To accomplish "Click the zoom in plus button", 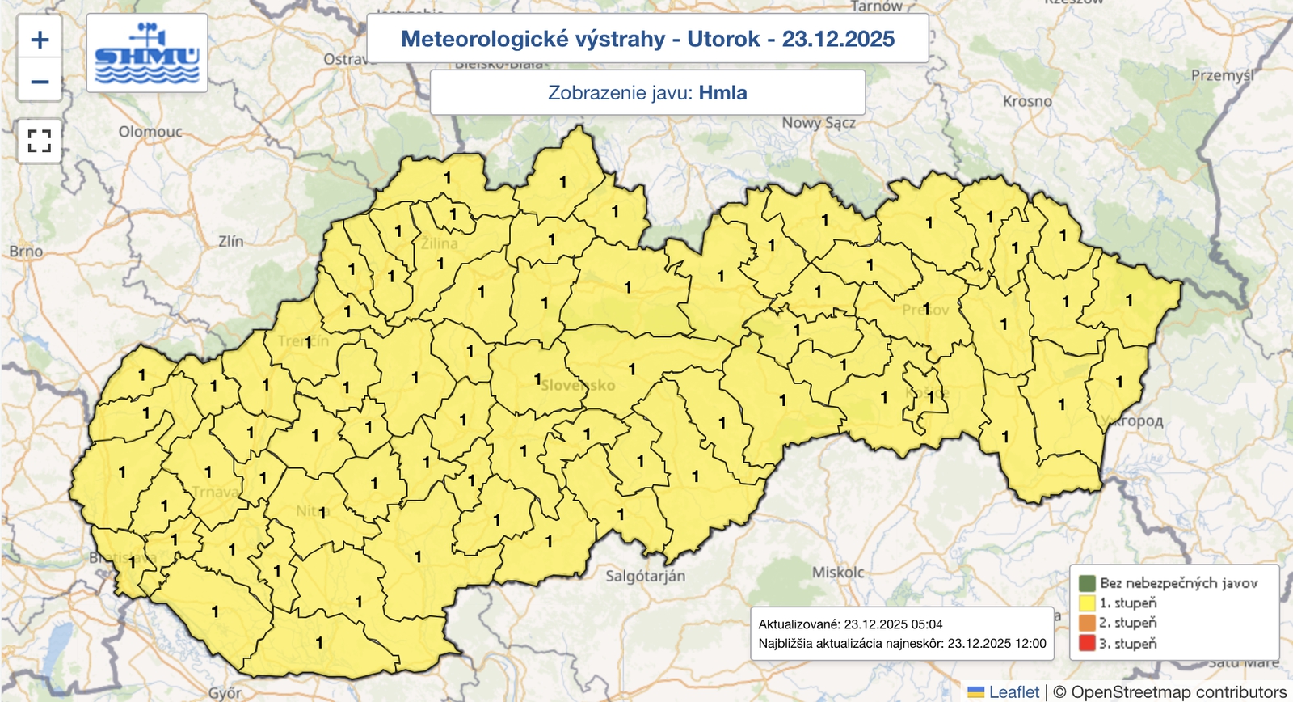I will (x=40, y=40).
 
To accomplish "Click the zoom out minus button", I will (x=40, y=82).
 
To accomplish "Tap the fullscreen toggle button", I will (x=40, y=141).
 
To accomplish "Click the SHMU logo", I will (x=147, y=53).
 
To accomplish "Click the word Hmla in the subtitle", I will (x=722, y=93).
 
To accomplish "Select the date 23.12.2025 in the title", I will (x=838, y=39).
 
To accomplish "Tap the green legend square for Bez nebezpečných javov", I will (x=1087, y=583).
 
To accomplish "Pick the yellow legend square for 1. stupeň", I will (x=1087, y=603).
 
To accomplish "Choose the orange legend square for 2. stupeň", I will (x=1087, y=624).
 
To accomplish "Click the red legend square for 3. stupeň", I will (x=1087, y=644).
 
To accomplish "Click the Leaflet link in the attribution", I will (x=1013, y=692).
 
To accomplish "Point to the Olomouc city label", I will (x=150, y=132).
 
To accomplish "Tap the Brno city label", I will (x=26, y=252).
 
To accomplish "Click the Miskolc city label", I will (x=838, y=572).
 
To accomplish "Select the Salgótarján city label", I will (x=645, y=576).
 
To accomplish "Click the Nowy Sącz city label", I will (x=818, y=123).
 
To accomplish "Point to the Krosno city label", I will (x=1027, y=102).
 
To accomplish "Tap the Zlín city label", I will (x=230, y=241).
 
